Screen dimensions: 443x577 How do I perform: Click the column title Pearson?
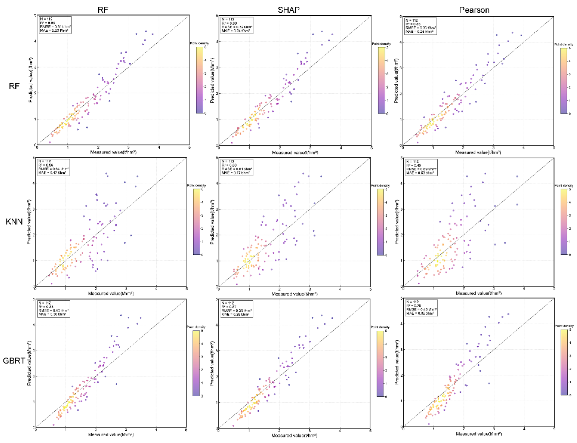coord(474,10)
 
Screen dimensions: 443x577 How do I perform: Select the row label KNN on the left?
coord(14,221)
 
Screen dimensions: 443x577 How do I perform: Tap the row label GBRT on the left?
coord(14,361)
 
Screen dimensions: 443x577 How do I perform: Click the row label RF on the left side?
coord(14,86)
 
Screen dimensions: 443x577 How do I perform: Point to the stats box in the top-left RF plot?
coord(55,25)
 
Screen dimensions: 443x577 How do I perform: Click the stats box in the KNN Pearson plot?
coord(421,167)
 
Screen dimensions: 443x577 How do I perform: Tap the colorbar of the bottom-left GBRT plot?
coord(196,363)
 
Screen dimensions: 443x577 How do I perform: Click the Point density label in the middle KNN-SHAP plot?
coord(380,186)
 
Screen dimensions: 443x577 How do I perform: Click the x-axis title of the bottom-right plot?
coord(478,434)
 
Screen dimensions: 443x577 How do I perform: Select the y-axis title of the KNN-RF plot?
coord(29,222)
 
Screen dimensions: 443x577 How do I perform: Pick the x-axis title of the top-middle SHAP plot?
coord(295,152)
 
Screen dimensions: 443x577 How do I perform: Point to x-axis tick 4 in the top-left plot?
coord(159,147)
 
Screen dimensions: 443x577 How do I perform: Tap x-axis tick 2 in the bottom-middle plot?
coord(279,431)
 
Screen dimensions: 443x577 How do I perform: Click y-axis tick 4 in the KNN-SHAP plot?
coord(217,183)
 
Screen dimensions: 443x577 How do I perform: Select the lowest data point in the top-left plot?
coord(50,142)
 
